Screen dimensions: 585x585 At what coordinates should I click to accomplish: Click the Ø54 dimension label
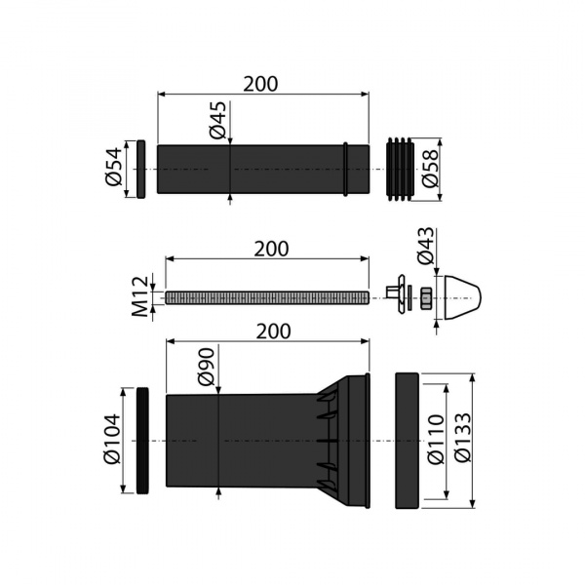pos(114,167)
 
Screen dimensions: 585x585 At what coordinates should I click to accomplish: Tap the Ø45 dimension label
pos(217,120)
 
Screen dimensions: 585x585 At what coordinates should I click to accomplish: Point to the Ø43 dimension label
pos(426,246)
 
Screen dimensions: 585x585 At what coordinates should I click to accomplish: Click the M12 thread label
pos(140,296)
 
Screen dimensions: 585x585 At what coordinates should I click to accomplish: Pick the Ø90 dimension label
pos(207,367)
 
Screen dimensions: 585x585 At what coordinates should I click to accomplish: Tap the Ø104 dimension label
pos(113,439)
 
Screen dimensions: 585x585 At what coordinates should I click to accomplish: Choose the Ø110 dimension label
pos(436,440)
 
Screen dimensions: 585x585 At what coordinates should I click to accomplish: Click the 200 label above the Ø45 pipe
pos(260,84)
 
